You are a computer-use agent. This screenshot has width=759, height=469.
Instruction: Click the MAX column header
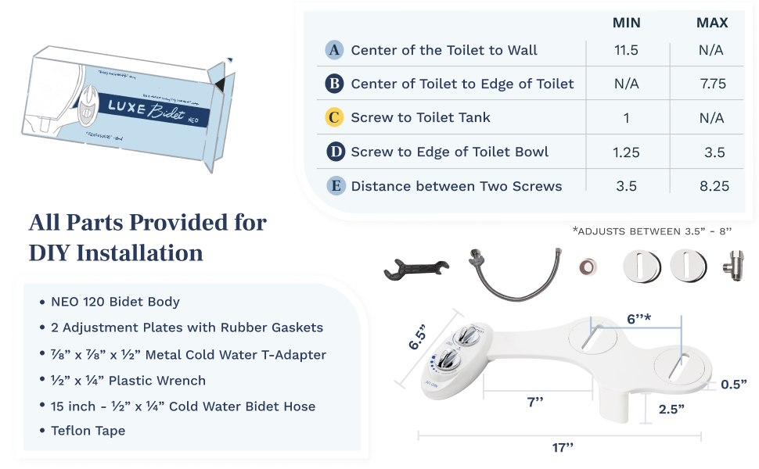(712, 23)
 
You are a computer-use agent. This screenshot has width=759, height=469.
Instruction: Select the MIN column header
(627, 23)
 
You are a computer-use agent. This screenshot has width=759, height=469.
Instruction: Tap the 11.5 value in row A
(627, 50)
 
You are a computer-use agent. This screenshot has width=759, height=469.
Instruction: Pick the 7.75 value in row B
(713, 84)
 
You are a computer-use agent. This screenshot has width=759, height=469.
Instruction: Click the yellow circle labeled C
(334, 117)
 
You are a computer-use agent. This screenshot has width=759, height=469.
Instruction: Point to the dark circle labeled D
(334, 152)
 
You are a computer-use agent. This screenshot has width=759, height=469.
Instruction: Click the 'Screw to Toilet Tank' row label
(420, 117)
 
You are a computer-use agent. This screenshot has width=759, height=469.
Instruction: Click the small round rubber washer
(586, 267)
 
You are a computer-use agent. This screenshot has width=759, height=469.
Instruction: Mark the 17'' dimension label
(563, 447)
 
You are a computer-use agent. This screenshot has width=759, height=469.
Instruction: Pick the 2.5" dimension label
(671, 408)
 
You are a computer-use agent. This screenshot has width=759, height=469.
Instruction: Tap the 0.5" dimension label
(733, 384)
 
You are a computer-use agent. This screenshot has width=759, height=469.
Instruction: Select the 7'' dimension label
(535, 402)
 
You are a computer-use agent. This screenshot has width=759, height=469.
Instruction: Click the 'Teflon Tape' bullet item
(88, 430)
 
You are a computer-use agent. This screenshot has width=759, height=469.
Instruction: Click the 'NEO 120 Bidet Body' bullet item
(115, 301)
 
